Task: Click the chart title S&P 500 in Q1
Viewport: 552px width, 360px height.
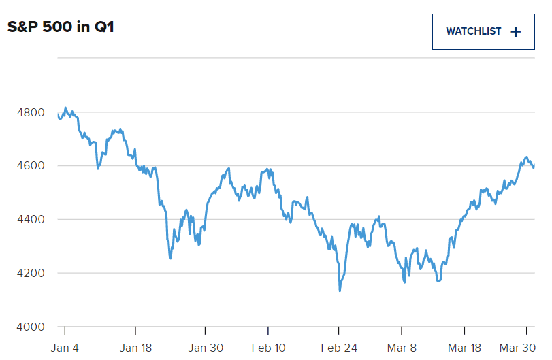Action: (x=60, y=28)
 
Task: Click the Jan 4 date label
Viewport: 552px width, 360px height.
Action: (x=65, y=348)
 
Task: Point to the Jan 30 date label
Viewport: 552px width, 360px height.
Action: (x=206, y=348)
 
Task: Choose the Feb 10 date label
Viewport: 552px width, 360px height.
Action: (x=268, y=348)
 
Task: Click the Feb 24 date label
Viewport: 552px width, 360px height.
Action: (x=338, y=348)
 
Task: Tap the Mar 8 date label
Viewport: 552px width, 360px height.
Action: (x=402, y=348)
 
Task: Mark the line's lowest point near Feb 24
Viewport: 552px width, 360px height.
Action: (x=340, y=291)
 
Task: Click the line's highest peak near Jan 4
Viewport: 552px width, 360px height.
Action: (x=65, y=108)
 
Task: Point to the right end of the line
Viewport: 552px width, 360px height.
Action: (x=534, y=164)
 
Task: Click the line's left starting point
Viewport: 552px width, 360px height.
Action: (x=59, y=116)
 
